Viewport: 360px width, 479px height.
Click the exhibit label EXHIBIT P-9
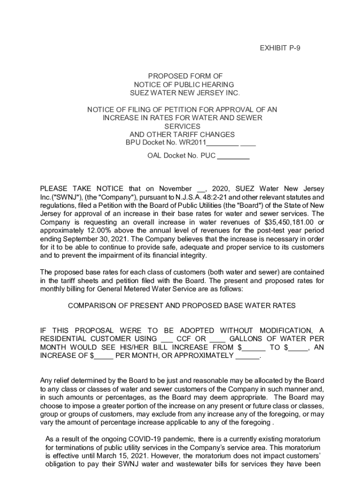click(x=280, y=48)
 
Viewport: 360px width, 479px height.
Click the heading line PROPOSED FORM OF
click(x=185, y=76)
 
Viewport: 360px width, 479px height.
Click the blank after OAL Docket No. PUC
click(x=233, y=156)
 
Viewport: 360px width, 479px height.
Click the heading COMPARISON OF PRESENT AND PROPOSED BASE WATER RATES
click(x=182, y=305)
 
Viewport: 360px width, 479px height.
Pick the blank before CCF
click(x=167, y=339)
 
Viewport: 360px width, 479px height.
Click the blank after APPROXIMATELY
click(x=247, y=356)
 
